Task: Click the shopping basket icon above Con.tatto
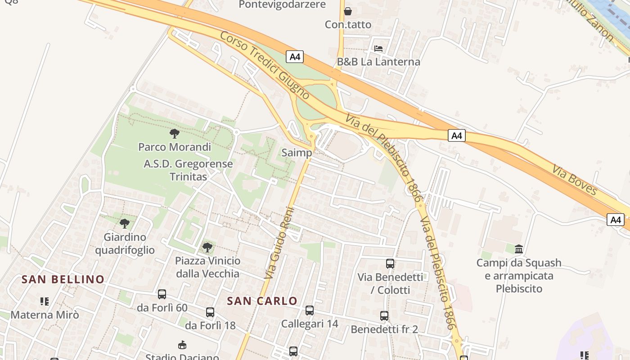coord(347,11)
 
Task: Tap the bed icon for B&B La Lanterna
coord(378,48)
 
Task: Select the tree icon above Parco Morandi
coord(175,133)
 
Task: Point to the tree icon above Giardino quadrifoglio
coord(125,223)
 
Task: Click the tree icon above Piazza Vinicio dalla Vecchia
coord(207,247)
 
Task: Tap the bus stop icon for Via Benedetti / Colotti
coord(390,264)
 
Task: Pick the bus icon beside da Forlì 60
coord(162,294)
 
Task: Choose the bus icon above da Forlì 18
coord(210,312)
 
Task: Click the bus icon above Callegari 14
coord(310,310)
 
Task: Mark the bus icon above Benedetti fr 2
coord(384,316)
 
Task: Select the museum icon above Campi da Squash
coord(519,249)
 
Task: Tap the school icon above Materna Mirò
coord(44,301)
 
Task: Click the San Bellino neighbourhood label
coord(63,279)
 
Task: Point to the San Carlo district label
coord(262,301)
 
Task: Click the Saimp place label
coord(297,153)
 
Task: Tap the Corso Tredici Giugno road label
coord(265,65)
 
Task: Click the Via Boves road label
coord(575,180)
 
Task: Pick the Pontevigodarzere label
coord(282,4)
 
